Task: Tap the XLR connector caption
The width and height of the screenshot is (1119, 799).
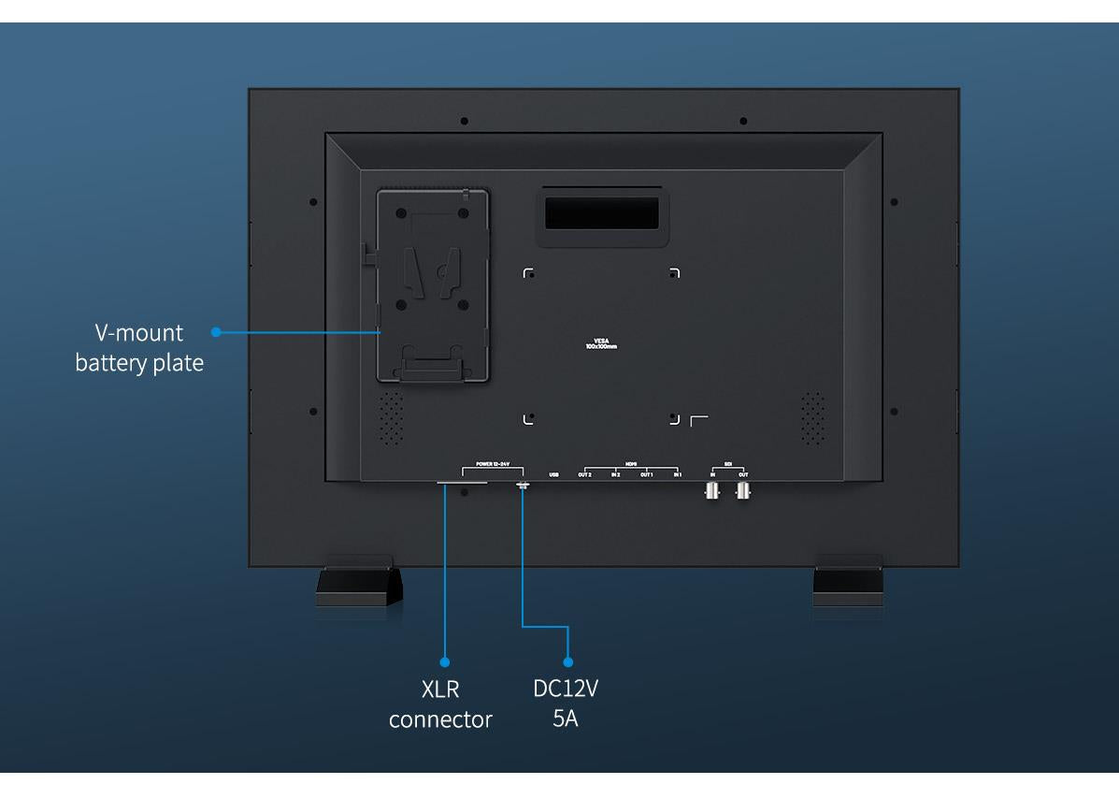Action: tap(440, 705)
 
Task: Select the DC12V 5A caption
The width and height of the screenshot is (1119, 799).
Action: tap(565, 705)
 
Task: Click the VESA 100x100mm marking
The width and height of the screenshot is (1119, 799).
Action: tap(601, 343)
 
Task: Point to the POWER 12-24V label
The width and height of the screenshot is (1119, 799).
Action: tap(492, 464)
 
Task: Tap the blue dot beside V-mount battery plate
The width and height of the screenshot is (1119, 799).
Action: tap(216, 331)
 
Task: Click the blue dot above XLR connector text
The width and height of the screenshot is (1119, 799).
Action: tap(444, 661)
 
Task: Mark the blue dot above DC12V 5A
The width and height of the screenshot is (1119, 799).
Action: tap(567, 661)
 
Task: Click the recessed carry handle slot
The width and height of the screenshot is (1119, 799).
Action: tap(602, 215)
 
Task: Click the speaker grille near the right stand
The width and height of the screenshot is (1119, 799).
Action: tap(813, 418)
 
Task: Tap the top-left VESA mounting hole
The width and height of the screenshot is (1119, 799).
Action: tap(529, 273)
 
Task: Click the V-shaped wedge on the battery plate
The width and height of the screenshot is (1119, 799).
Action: tap(432, 269)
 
